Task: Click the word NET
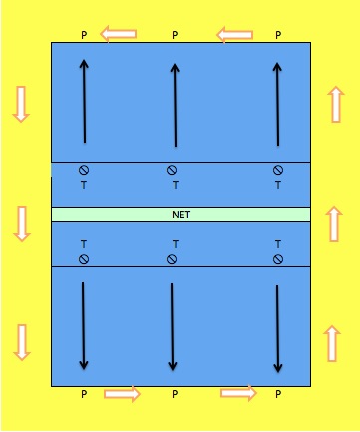point(180,215)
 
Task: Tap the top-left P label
point(85,35)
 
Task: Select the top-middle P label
point(175,35)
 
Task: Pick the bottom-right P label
point(278,395)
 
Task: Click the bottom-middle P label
point(175,395)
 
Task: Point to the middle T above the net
point(176,184)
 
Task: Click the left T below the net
point(84,244)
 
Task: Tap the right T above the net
point(278,184)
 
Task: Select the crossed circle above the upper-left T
point(84,170)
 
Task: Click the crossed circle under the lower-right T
point(278,259)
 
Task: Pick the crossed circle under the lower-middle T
point(173,259)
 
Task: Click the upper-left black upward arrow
point(84,100)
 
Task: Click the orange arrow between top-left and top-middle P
point(119,35)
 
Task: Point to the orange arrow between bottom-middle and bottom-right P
point(238,393)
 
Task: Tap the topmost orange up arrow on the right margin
point(335,103)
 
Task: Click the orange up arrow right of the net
point(335,221)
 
